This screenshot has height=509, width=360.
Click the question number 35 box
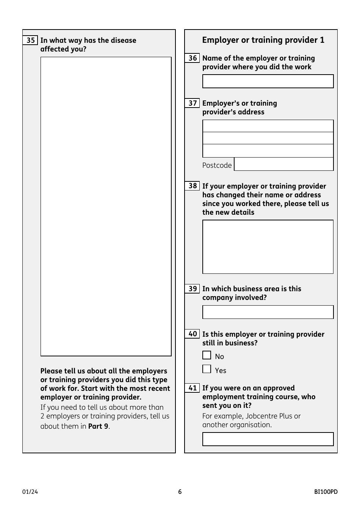click(x=30, y=40)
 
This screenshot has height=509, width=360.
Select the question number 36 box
click(x=192, y=58)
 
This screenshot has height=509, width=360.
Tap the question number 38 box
click(x=192, y=186)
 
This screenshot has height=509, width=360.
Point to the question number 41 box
click(x=192, y=388)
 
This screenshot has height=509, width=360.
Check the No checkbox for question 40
click(x=207, y=355)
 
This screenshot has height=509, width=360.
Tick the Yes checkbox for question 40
click(x=207, y=369)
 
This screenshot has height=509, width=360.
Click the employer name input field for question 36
click(x=268, y=81)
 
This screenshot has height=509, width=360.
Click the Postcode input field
click(x=283, y=164)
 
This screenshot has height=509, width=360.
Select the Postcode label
click(x=217, y=165)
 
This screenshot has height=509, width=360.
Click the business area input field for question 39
click(x=268, y=312)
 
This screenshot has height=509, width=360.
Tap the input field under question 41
click(x=268, y=439)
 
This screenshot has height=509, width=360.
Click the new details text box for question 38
click(x=268, y=247)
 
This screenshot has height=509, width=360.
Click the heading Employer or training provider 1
click(x=263, y=40)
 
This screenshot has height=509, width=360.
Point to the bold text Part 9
click(x=98, y=426)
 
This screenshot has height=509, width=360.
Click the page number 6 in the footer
click(x=180, y=492)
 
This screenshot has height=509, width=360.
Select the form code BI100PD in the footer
click(x=326, y=492)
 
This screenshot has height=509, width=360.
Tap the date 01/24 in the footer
click(x=30, y=492)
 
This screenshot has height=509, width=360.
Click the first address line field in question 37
click(x=268, y=126)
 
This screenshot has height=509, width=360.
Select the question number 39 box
click(x=192, y=289)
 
